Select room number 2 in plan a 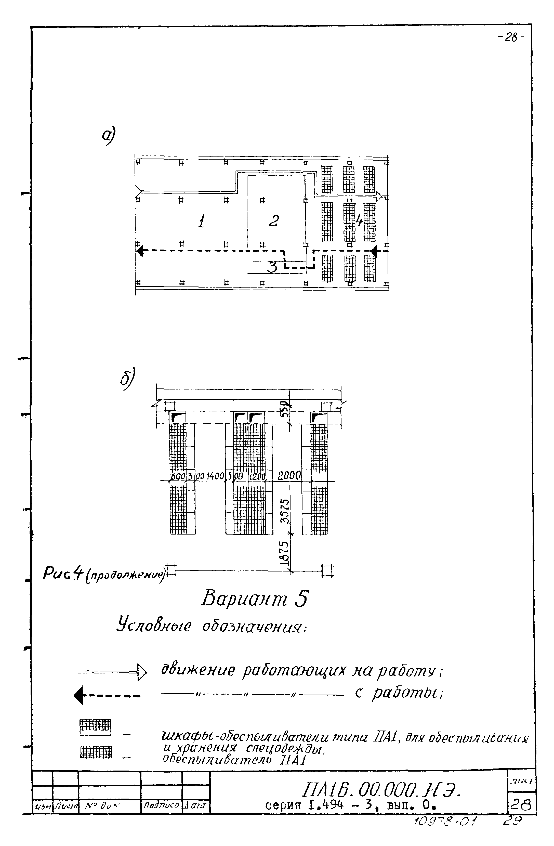pos(274,221)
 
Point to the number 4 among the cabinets pos(359,221)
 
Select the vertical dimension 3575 pos(285,512)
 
